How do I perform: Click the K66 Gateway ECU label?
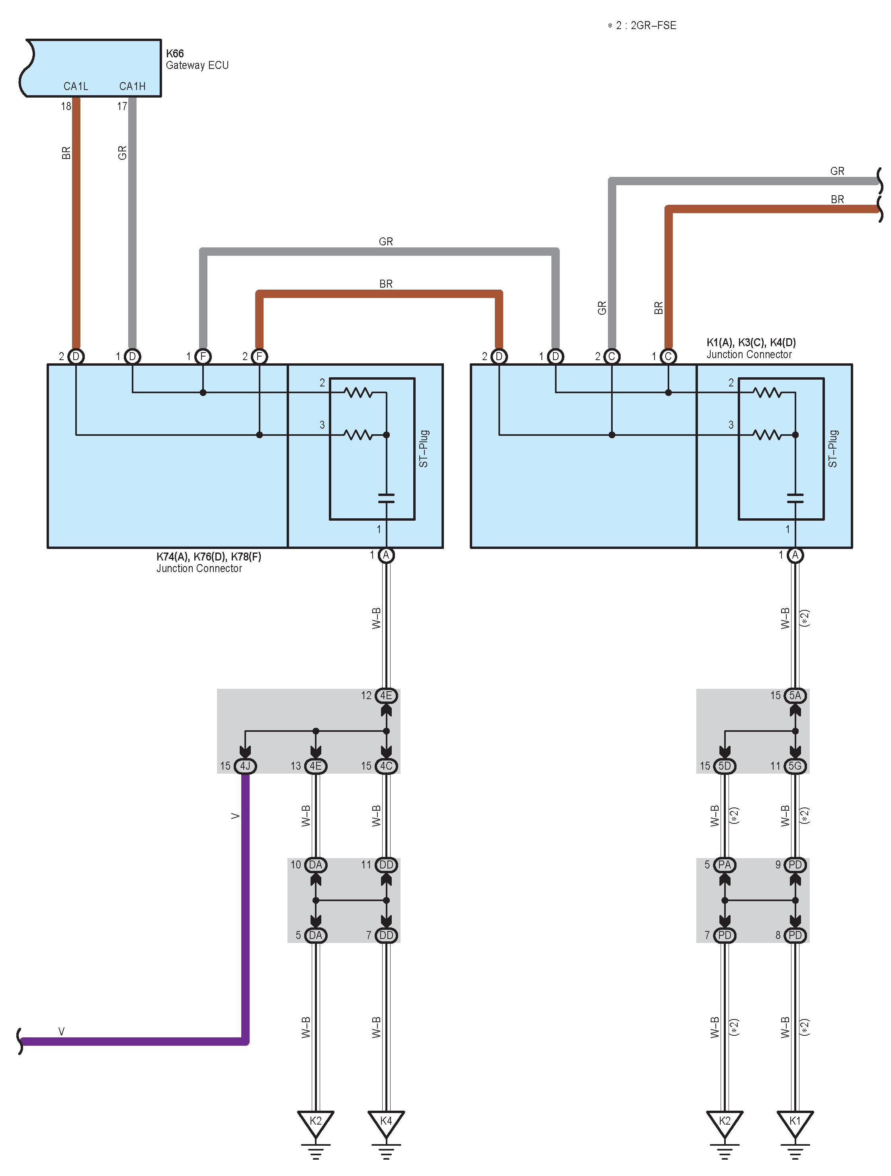pyautogui.click(x=197, y=59)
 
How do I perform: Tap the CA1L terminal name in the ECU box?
pyautogui.click(x=76, y=86)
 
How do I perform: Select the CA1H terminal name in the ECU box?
pyautogui.click(x=132, y=86)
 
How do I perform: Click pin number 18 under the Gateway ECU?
pyautogui.click(x=66, y=106)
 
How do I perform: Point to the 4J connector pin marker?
pyautogui.click(x=245, y=766)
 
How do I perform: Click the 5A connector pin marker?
pyautogui.click(x=795, y=696)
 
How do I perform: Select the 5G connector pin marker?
pyautogui.click(x=795, y=766)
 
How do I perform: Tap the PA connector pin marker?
pyautogui.click(x=724, y=865)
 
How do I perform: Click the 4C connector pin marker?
pyautogui.click(x=386, y=766)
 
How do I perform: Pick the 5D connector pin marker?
pyautogui.click(x=724, y=766)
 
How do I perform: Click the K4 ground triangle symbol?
pyautogui.click(x=386, y=1122)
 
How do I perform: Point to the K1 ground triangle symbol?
pyautogui.click(x=795, y=1122)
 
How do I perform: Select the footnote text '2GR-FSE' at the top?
pyautogui.click(x=653, y=25)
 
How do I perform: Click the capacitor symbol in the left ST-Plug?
pyautogui.click(x=386, y=498)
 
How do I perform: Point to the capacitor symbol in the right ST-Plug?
pyautogui.click(x=795, y=498)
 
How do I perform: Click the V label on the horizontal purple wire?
pyautogui.click(x=62, y=1032)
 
